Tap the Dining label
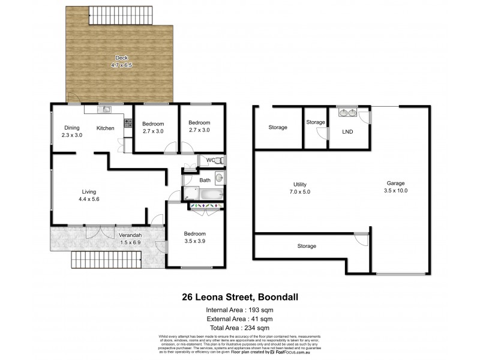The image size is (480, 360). pos(72,128)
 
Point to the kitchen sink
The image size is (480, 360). pos(106,110)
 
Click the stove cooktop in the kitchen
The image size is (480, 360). pos(127,122)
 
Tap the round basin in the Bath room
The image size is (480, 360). pos(219,178)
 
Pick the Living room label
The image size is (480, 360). pos(89,192)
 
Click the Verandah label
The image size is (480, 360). pos(130,235)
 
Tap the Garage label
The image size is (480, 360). pos(396,184)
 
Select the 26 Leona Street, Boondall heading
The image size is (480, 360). pos(240,296)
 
